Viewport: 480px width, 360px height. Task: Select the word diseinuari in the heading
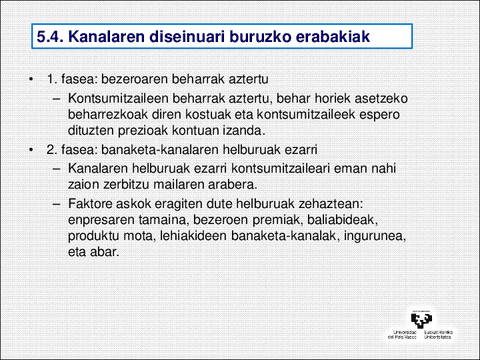pos(189,38)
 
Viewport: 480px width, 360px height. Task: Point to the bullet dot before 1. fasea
pos(33,79)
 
